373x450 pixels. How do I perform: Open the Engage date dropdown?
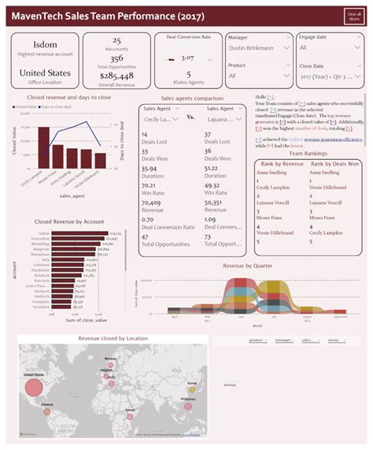pyautogui.click(x=328, y=48)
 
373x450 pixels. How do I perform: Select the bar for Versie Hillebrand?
pyautogui.click(x=100, y=160)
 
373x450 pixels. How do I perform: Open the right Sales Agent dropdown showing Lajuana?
pyautogui.click(x=226, y=118)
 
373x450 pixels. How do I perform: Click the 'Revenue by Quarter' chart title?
pyautogui.click(x=248, y=266)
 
